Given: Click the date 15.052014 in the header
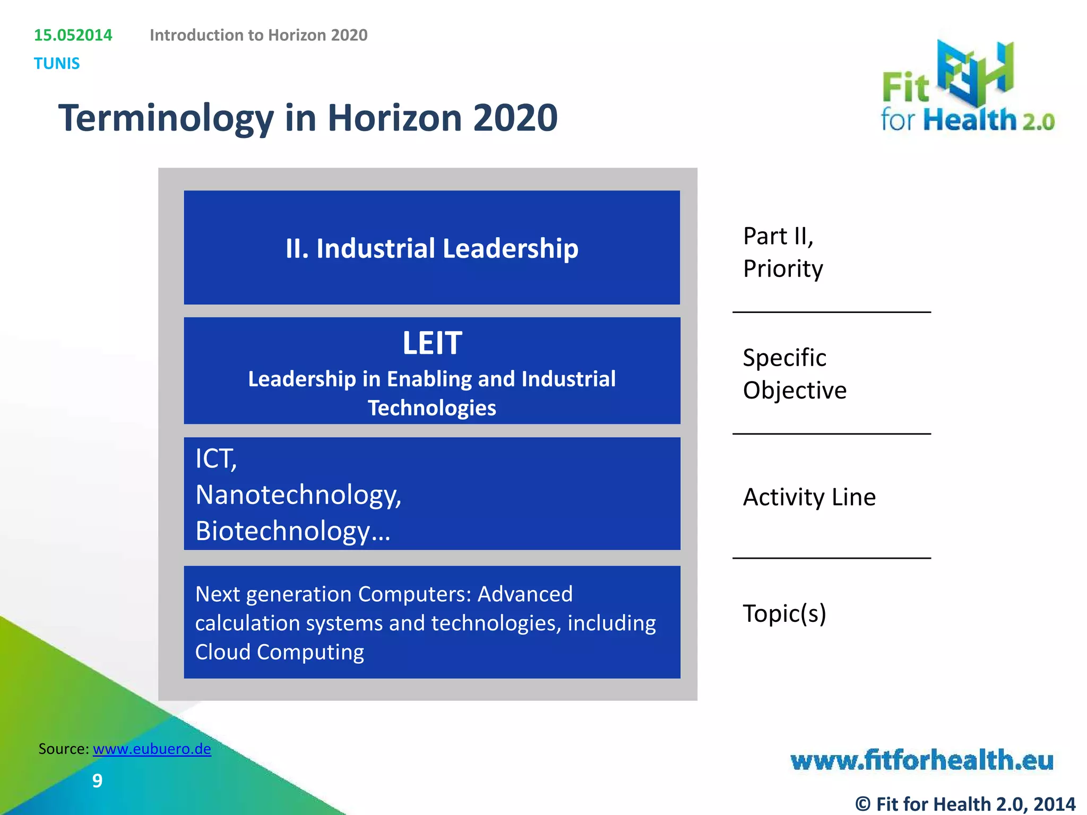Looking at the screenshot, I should [73, 35].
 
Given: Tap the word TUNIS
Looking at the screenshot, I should [57, 64].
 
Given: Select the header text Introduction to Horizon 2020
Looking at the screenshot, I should [258, 35].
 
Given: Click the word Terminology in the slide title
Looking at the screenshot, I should [166, 118].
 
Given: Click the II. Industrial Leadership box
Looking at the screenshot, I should [432, 248].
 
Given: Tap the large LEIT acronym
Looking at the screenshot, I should [432, 343].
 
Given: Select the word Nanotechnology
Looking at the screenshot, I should [297, 495].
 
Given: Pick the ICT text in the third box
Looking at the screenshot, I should [214, 459].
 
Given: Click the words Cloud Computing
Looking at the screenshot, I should [280, 652].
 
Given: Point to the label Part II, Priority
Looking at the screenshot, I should [783, 252].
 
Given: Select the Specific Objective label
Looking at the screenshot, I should [794, 374].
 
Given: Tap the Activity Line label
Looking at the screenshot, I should [809, 497].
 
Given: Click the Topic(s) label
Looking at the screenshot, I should [784, 614].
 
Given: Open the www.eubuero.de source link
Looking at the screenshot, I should [152, 749].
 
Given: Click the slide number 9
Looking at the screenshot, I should [97, 781].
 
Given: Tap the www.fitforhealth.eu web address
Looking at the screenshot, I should [921, 760].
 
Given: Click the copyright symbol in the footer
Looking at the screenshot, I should [862, 804].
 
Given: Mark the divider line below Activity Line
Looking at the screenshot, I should [831, 558].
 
